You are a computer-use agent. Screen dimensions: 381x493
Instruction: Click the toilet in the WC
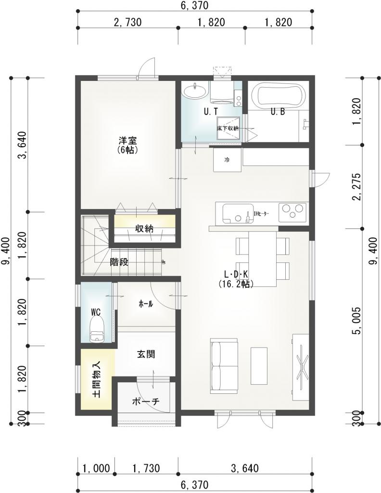[96, 329]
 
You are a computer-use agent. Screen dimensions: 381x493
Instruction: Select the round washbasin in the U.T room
[194, 91]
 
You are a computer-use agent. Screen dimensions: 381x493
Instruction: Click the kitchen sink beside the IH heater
[238, 213]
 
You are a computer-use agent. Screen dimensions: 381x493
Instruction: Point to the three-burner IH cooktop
[292, 210]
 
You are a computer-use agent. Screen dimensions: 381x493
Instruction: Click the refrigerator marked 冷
[228, 160]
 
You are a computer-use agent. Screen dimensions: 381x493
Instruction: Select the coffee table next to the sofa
[259, 366]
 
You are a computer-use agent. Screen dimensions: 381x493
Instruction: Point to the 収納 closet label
[144, 229]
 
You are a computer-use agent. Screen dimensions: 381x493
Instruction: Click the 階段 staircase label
[119, 262]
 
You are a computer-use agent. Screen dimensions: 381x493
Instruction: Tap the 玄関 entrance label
[146, 354]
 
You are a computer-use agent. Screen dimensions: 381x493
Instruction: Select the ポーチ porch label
[146, 402]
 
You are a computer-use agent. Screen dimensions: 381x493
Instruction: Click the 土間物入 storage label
[96, 379]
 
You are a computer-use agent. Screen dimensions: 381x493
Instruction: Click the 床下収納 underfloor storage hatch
[229, 129]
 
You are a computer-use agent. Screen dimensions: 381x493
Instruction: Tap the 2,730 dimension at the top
[127, 22]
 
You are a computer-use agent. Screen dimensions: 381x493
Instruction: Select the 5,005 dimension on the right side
[357, 321]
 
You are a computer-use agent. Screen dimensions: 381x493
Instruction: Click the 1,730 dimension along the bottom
[146, 468]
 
